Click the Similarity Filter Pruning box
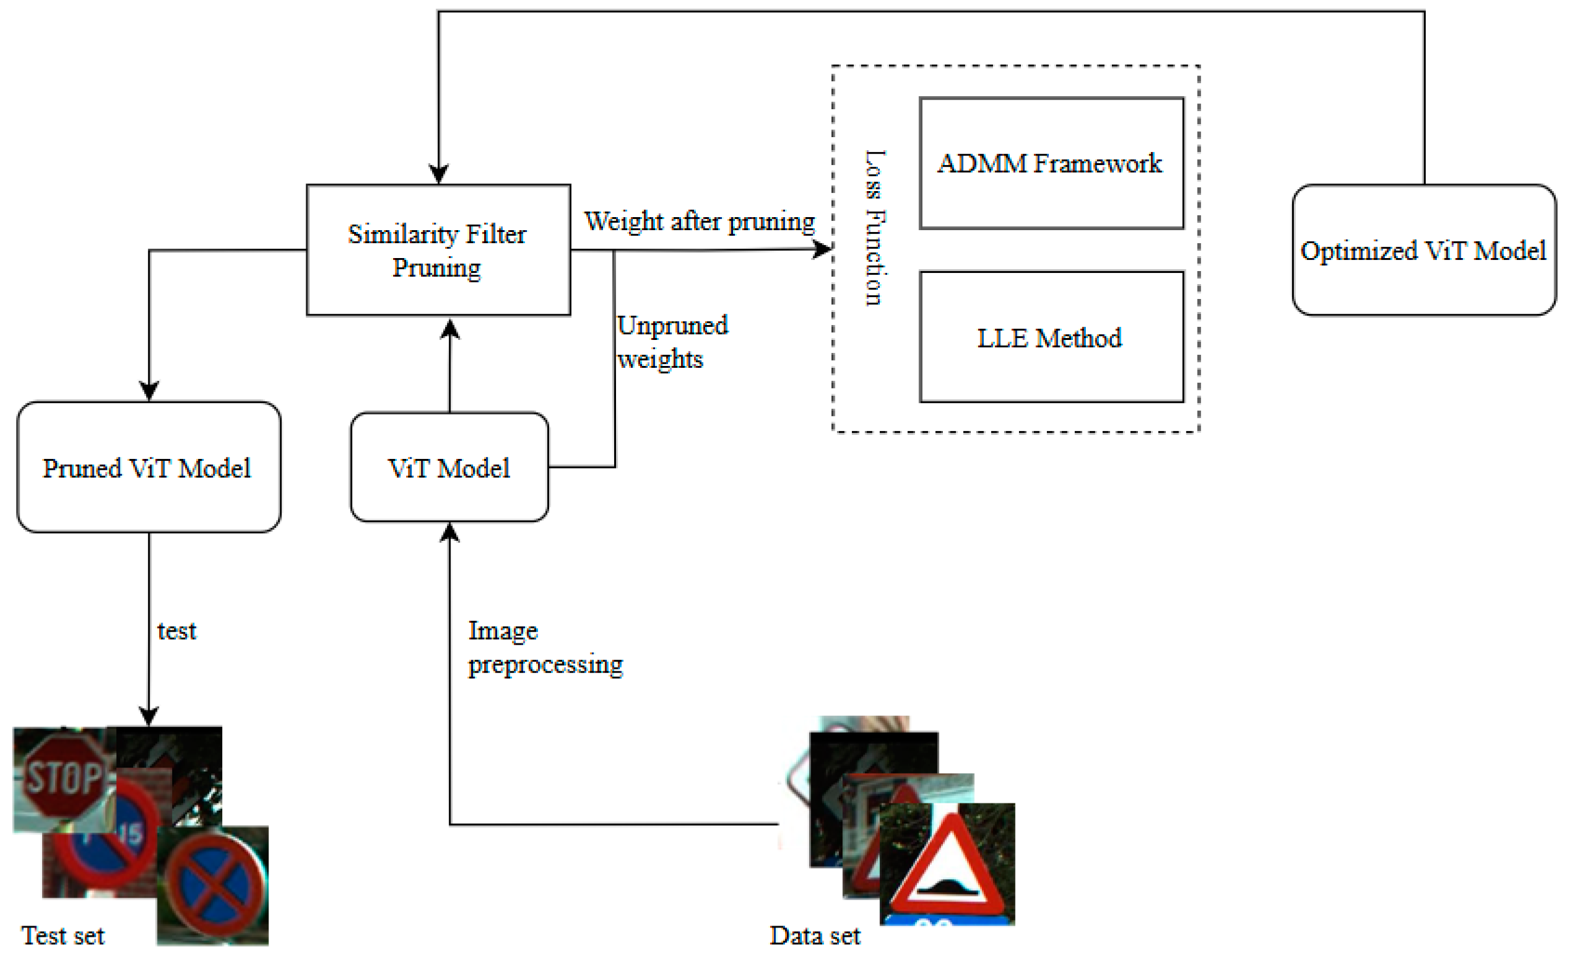(x=438, y=250)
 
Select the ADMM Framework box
(x=1051, y=163)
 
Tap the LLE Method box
(x=1051, y=337)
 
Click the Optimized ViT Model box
(x=1423, y=250)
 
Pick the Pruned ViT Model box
(x=148, y=467)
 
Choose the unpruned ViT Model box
(x=449, y=467)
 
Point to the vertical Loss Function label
(x=875, y=227)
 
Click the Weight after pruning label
(x=699, y=222)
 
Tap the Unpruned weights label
(x=672, y=342)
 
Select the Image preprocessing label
(x=545, y=647)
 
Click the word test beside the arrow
(x=176, y=631)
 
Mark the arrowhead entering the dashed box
(x=823, y=249)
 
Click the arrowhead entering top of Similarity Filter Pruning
(x=439, y=174)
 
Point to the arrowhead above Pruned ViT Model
(x=149, y=391)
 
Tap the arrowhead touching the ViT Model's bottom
(x=449, y=533)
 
